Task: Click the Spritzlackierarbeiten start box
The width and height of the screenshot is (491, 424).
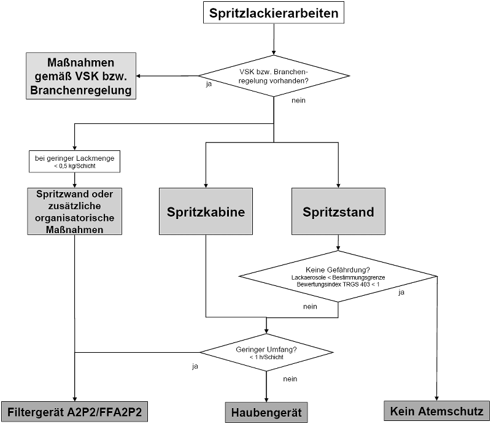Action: (273, 13)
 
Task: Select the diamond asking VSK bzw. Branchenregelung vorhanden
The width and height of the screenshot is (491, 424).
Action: (273, 75)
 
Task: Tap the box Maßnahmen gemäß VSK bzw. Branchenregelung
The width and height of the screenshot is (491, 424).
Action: (81, 75)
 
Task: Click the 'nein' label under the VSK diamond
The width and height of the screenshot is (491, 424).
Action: (298, 100)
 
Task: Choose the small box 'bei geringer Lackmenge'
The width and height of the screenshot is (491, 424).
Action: (74, 158)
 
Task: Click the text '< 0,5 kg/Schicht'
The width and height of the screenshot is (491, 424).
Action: (74, 166)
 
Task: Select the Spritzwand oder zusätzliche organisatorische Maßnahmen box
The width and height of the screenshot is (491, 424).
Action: (74, 210)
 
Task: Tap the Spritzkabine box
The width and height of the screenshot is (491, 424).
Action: (206, 212)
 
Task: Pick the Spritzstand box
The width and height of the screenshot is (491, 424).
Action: (338, 212)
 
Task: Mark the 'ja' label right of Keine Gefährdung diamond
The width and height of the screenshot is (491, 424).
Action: (401, 292)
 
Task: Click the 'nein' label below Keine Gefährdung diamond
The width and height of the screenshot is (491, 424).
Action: (310, 306)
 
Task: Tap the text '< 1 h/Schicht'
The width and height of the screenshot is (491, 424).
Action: (266, 357)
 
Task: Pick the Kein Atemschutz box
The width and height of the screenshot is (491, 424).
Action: (437, 411)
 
